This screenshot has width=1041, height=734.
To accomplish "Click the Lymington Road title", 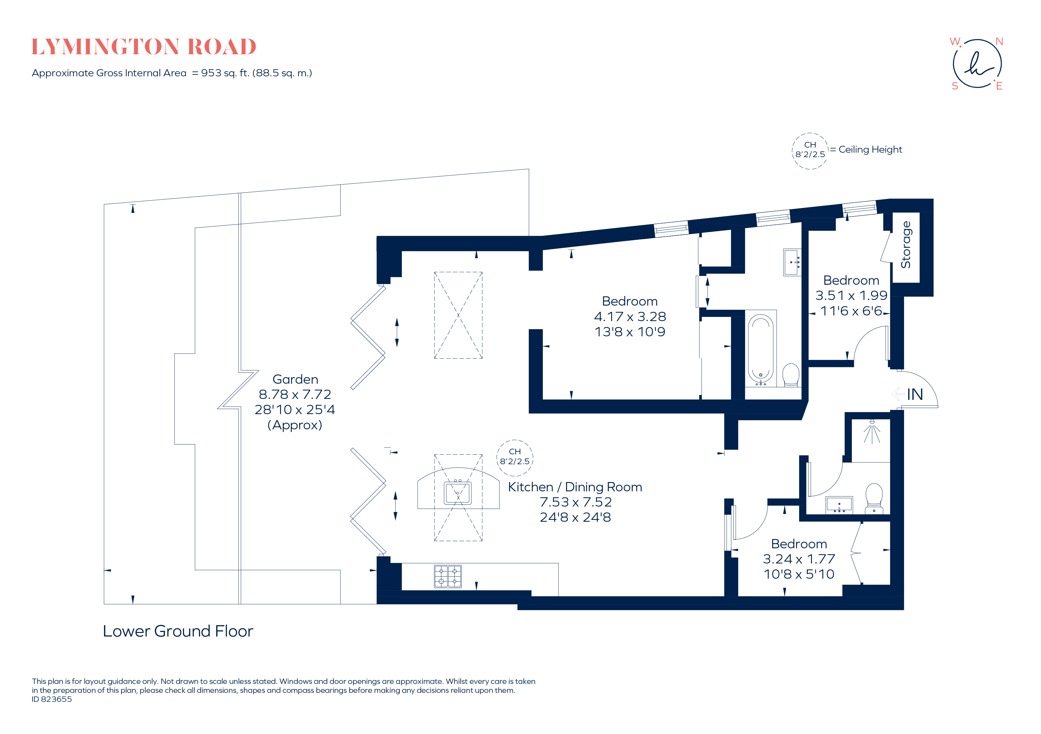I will coord(144,47).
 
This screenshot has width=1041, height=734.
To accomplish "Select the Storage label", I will coord(906,245).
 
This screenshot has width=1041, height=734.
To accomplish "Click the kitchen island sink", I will coord(458,493).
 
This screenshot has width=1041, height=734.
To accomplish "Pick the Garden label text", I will coord(295,379).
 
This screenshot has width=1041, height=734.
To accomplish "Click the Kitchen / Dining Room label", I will coord(575,487).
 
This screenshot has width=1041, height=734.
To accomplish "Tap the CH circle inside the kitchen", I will coord(515,458).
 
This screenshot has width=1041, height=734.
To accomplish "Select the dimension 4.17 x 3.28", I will coord(630,316).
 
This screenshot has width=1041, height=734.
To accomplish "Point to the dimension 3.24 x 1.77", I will coord(799,559).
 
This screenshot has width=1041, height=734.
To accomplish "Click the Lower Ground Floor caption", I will coord(178,631).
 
